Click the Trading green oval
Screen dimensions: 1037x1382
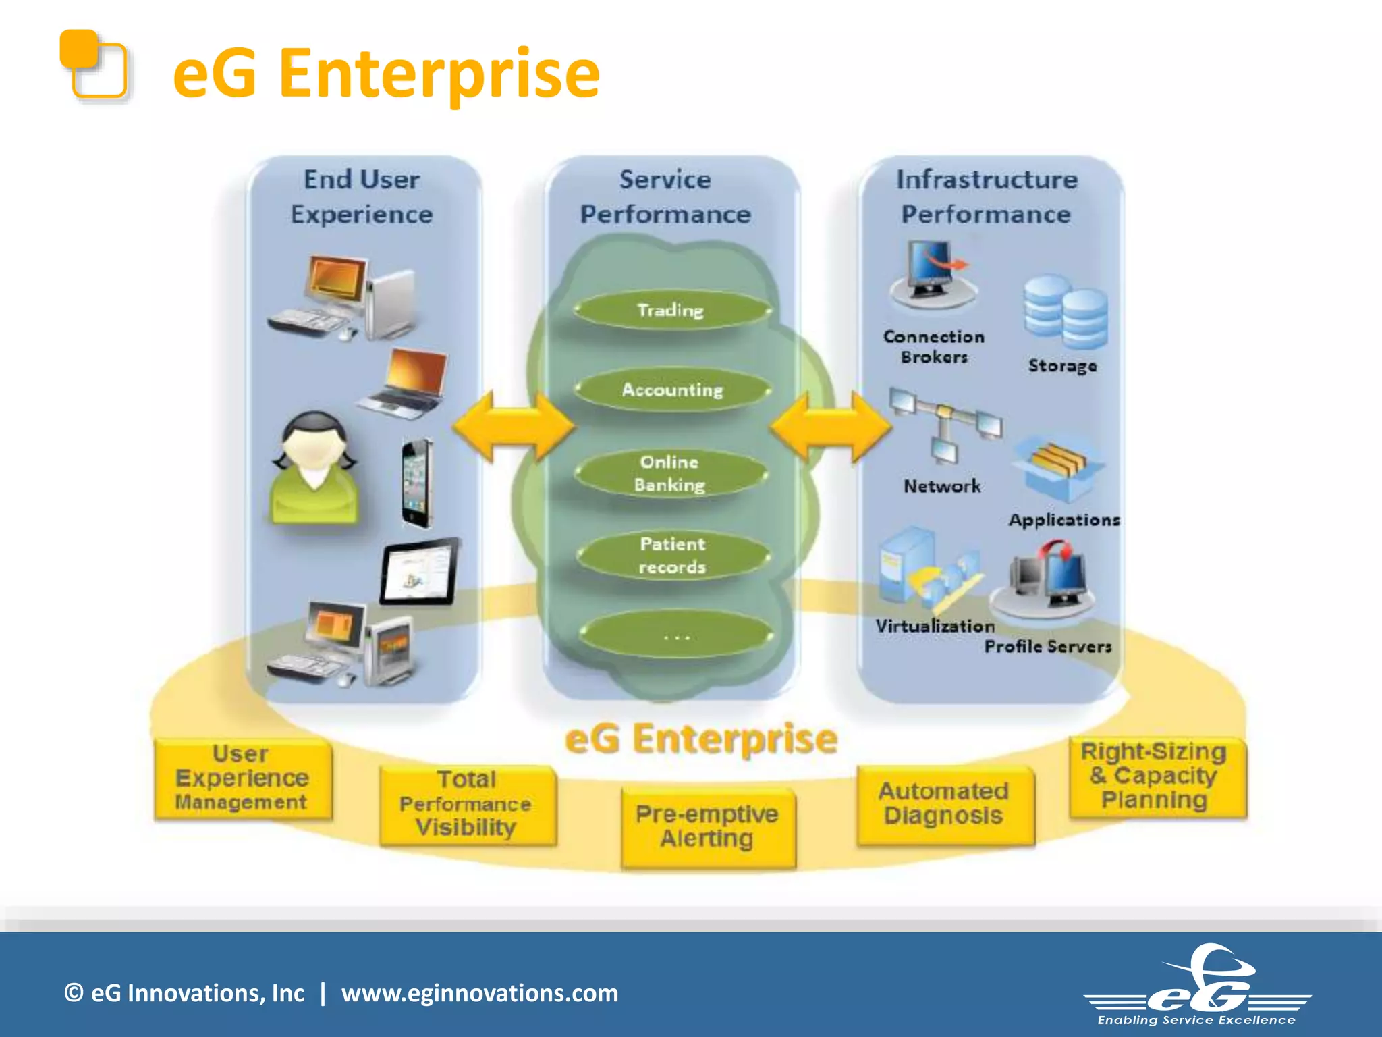671,311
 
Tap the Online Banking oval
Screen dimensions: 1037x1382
670,473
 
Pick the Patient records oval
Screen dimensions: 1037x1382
673,556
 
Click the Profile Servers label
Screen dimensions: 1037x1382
1047,647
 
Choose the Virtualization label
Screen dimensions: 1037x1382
935,626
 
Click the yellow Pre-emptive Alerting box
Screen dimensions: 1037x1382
707,827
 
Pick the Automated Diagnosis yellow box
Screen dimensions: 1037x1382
944,804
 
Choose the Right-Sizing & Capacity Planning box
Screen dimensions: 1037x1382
1156,776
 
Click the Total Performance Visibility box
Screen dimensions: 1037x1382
467,804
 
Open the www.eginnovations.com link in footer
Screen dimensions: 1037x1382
479,993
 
